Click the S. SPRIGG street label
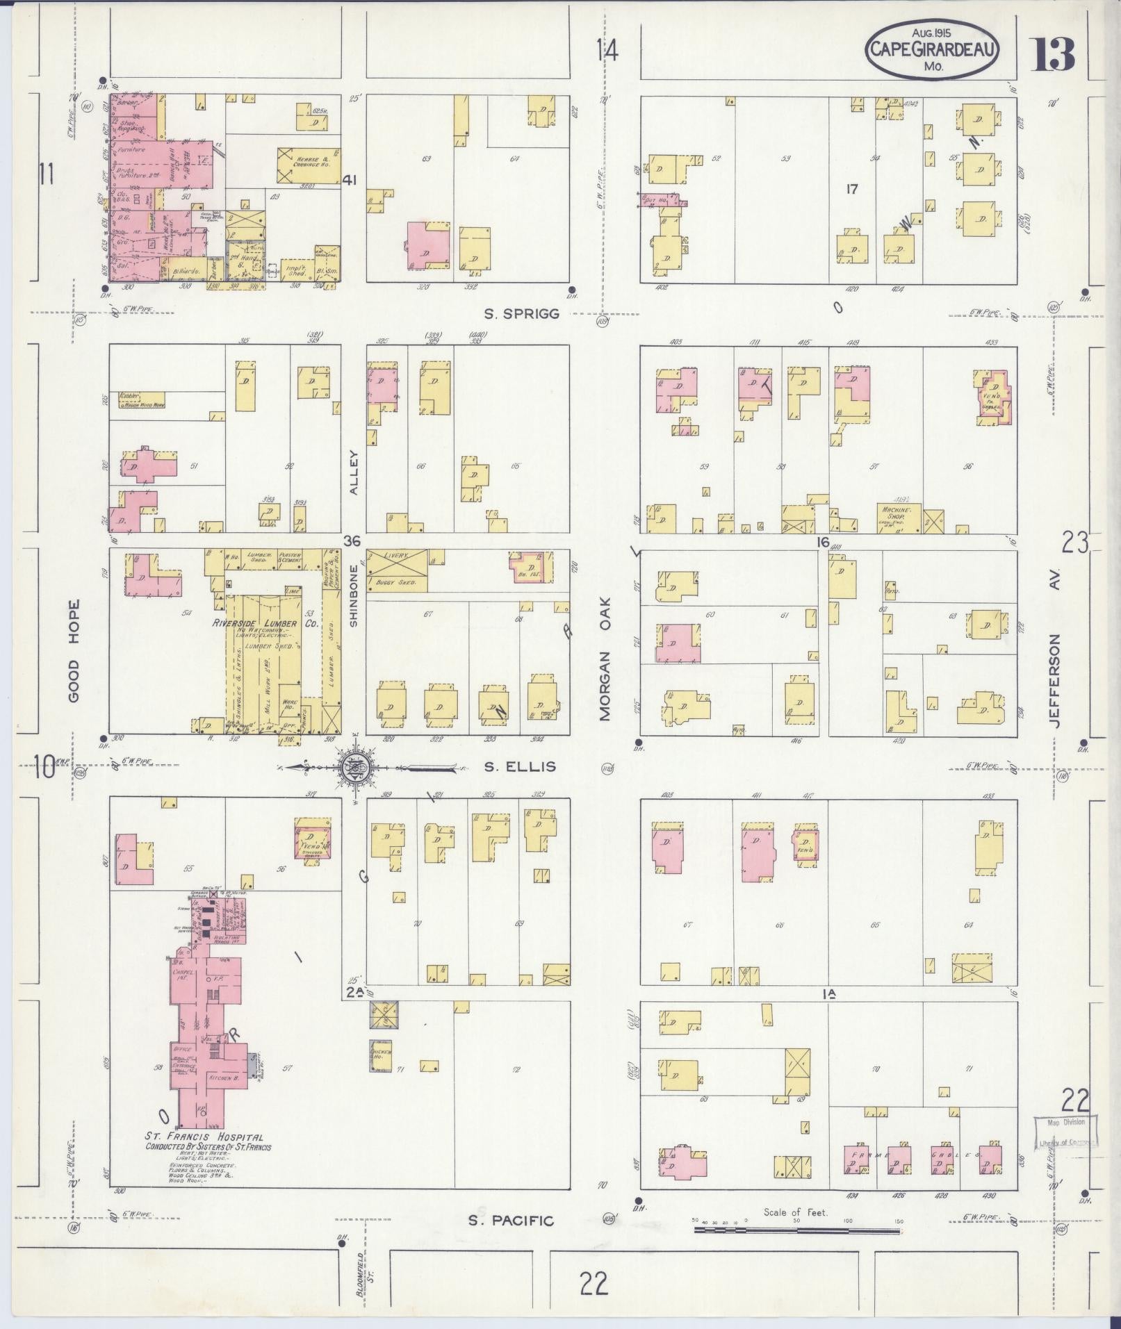[521, 314]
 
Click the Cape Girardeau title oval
[932, 50]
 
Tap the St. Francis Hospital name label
[204, 1137]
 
